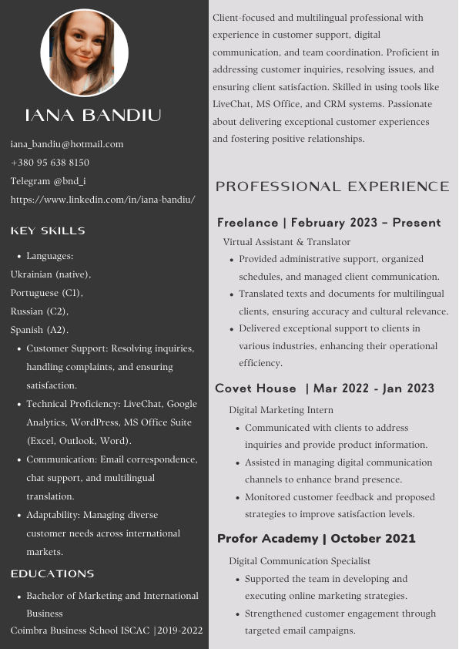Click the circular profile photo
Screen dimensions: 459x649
84,53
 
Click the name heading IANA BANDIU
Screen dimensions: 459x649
93,116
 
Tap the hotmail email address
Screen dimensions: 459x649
67,144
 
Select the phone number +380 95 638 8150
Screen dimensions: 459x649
50,163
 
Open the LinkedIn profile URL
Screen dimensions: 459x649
102,200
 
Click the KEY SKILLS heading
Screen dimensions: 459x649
48,230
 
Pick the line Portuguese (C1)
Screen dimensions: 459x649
46,293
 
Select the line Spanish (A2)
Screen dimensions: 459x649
39,330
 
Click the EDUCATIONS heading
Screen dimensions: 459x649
52,573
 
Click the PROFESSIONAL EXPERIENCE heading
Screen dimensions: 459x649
333,187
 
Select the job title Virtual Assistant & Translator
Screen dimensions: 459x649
286,242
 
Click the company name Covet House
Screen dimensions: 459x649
256,388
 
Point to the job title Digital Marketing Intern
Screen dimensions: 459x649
281,410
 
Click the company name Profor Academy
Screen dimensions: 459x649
267,538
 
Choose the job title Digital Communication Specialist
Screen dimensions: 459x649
300,561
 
